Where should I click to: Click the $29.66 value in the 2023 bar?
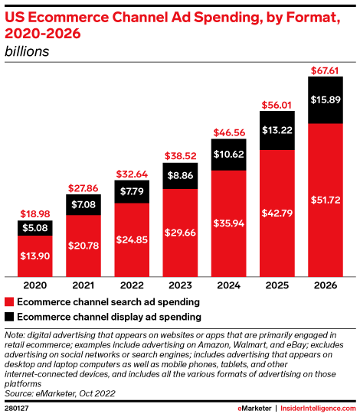point(181,232)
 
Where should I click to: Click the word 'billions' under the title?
point(28,51)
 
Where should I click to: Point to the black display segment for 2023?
point(181,175)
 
